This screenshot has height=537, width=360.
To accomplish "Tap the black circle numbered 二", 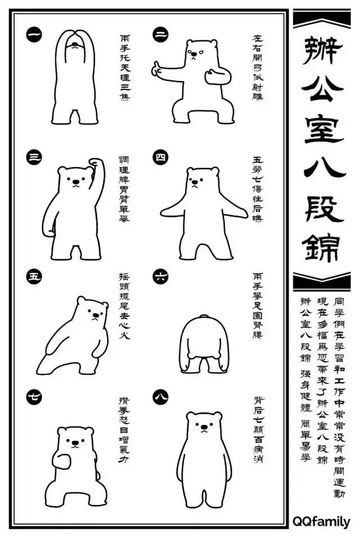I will click(161, 35).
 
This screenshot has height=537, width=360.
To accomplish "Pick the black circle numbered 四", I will click(161, 158).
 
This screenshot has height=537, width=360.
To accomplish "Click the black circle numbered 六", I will click(161, 276).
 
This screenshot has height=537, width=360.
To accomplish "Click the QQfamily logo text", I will click(321, 522).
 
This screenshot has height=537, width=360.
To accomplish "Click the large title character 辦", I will click(322, 51).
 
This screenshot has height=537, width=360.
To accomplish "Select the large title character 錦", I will click(322, 247).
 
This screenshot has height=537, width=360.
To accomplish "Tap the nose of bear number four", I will click(196, 183).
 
